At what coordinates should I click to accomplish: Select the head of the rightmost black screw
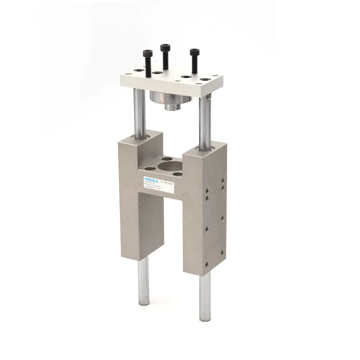194,51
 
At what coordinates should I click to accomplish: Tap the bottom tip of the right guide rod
205,318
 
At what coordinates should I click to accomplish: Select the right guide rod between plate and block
205,120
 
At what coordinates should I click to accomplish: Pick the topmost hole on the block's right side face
222,181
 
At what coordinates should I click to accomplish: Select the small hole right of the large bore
178,174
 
